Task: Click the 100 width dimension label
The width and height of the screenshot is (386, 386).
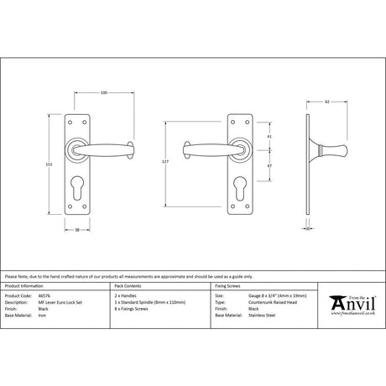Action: (x=102, y=92)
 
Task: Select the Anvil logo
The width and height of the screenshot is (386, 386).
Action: (x=352, y=300)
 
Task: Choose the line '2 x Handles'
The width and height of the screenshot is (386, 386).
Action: (x=123, y=296)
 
